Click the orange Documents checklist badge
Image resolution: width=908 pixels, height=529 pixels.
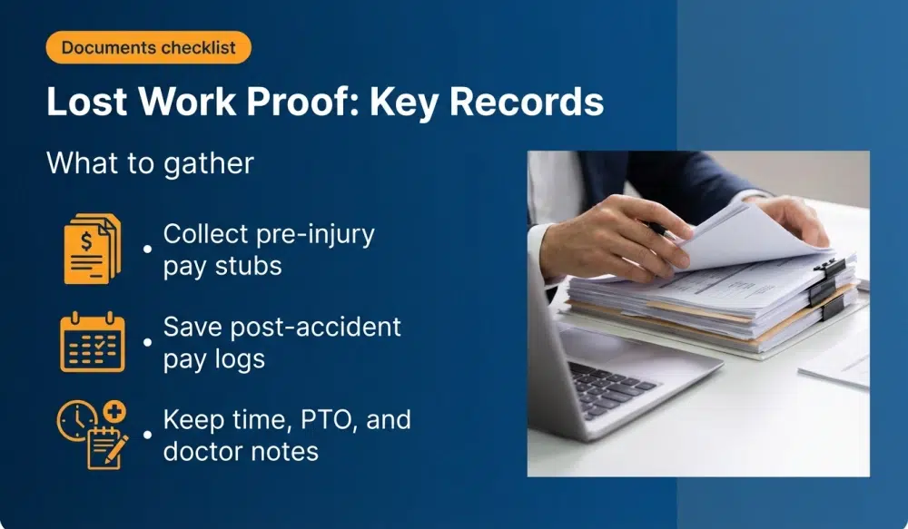pos(147,47)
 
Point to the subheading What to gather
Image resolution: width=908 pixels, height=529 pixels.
pos(150,163)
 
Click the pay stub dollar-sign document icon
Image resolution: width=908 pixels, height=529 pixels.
pos(92,249)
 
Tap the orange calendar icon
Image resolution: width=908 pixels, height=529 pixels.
pos(92,342)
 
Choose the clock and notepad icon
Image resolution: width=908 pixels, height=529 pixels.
pos(92,435)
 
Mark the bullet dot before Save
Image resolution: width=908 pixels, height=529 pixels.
pos(147,343)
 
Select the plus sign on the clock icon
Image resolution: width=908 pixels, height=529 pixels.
pos(116,410)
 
